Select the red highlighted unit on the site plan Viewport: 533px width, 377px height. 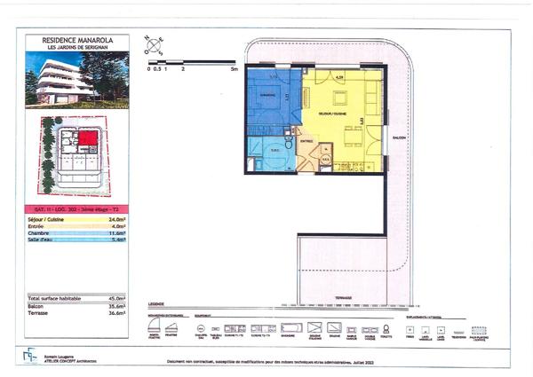coord(87,138)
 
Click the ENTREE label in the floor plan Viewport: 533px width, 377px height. coord(306,140)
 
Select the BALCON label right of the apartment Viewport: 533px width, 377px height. coord(398,137)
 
